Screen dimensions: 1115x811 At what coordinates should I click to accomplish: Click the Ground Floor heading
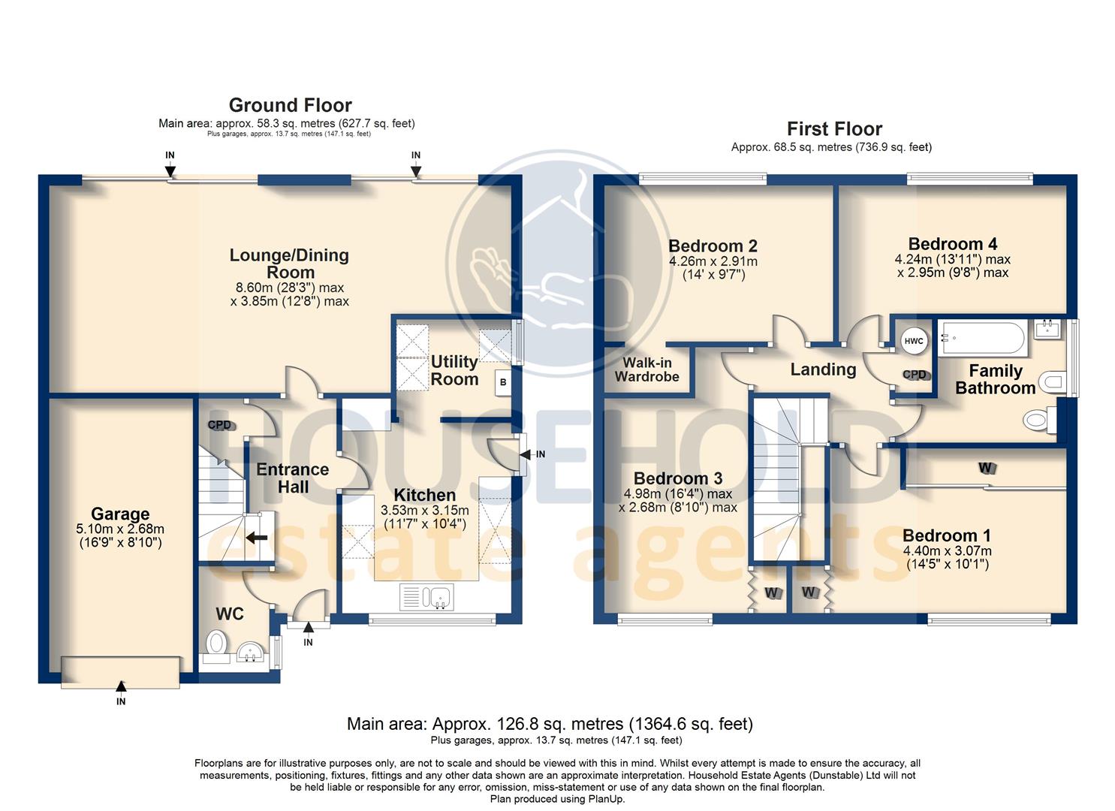(290, 106)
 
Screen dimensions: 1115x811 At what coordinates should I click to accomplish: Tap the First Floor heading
(834, 129)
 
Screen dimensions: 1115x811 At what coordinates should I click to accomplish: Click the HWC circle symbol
(914, 341)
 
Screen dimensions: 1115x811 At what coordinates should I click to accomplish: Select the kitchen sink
(426, 597)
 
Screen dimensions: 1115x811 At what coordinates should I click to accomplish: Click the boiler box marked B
(503, 382)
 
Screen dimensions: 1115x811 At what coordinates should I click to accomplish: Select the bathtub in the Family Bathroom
(983, 338)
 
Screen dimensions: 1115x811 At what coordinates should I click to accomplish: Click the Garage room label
(120, 514)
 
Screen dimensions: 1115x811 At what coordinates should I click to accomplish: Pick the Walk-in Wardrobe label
(647, 369)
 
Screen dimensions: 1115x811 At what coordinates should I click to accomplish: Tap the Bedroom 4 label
(953, 244)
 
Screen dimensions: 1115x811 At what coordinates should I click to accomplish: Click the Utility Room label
(454, 370)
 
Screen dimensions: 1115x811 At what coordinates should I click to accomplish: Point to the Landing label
(824, 369)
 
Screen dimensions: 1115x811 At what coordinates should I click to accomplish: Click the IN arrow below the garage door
(121, 686)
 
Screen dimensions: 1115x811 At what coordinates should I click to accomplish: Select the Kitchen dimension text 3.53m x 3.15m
(424, 511)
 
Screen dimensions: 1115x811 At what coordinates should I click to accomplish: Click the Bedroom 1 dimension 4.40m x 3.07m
(948, 551)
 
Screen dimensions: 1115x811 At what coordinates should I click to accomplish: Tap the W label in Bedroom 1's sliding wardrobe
(985, 468)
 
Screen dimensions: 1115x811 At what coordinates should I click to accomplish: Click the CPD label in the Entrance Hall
(220, 425)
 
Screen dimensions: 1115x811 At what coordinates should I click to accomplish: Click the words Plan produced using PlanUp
(557, 799)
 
